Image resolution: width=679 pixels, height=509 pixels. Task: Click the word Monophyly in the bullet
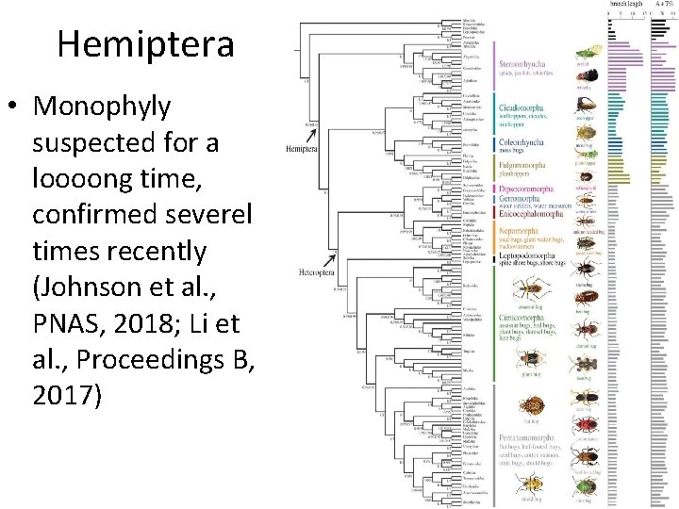(102, 107)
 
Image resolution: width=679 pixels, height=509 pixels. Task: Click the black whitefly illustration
(584, 77)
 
